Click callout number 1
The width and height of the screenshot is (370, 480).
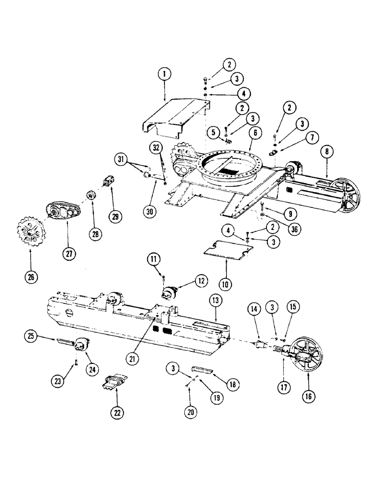click(x=164, y=74)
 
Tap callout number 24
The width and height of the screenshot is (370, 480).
click(x=92, y=369)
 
